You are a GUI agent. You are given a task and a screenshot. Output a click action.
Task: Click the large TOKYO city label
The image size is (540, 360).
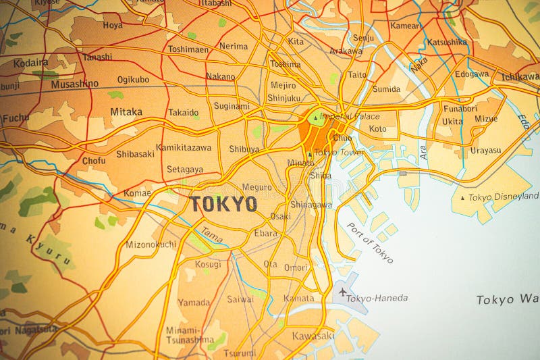(x=223, y=204)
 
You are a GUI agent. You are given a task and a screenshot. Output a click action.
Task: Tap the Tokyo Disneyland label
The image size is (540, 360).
(x=504, y=197)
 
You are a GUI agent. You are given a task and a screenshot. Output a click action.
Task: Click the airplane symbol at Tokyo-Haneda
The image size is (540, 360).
(x=343, y=292)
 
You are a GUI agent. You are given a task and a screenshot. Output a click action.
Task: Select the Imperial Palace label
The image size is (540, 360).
(x=350, y=116)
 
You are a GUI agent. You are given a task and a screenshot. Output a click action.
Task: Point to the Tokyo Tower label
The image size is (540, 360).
(x=339, y=153)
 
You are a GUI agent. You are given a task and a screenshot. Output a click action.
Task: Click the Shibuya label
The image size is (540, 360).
(x=244, y=149)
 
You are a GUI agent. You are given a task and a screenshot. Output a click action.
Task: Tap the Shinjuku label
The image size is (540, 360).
(x=283, y=98)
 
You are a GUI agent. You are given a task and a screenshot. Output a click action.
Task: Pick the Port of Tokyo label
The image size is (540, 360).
(x=369, y=242)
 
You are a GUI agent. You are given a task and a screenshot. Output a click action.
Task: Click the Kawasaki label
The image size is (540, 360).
(x=313, y=336)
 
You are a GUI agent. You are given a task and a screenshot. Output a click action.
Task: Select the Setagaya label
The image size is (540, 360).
(x=185, y=170)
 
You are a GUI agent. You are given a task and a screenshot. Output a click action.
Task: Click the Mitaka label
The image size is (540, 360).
(x=126, y=111)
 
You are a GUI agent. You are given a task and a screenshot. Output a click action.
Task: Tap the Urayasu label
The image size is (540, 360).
(x=485, y=150)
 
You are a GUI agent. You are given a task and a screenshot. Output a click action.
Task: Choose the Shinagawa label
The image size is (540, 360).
(x=310, y=205)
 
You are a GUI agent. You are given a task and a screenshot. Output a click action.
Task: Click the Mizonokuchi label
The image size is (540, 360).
(x=151, y=245)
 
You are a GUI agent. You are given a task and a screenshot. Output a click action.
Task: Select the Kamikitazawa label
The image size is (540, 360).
(x=184, y=147)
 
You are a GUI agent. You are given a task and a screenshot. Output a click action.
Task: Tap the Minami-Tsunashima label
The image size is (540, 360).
(x=190, y=334)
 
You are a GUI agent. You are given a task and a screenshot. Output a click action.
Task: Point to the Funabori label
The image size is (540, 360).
(x=460, y=107)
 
